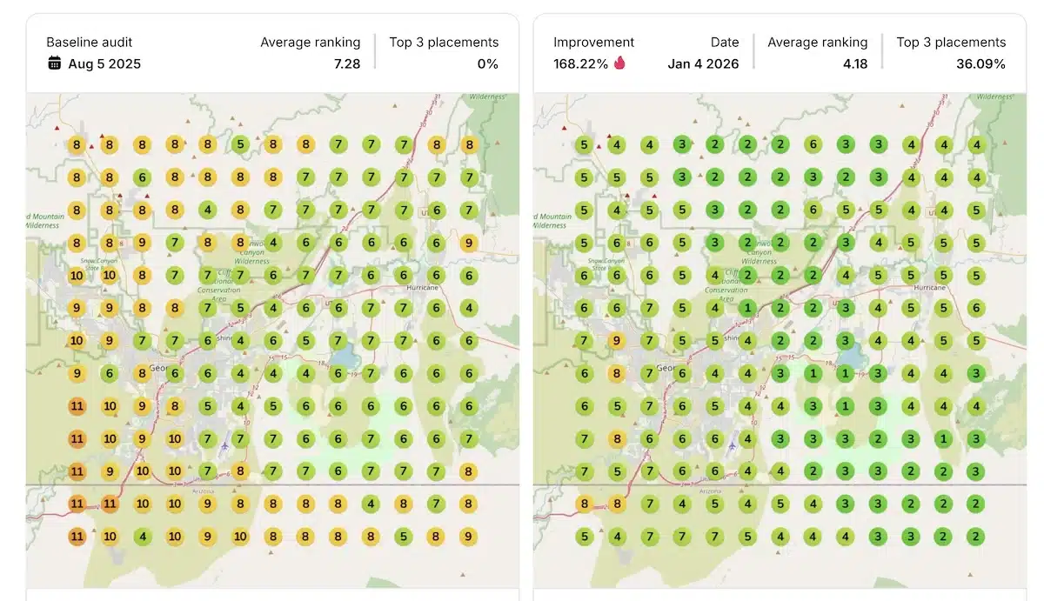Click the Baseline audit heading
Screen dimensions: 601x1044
(x=90, y=42)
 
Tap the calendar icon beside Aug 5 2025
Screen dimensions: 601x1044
(x=55, y=63)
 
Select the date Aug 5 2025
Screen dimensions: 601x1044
(x=104, y=63)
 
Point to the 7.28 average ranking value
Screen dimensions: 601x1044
(x=346, y=63)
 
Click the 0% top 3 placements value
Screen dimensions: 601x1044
(x=487, y=63)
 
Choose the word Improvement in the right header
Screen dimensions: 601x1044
(x=594, y=42)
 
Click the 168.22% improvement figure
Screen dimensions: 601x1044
(x=581, y=63)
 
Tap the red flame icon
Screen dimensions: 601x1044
(x=619, y=63)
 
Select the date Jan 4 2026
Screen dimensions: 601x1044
(x=703, y=63)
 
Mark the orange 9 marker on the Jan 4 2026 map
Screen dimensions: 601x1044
(x=617, y=341)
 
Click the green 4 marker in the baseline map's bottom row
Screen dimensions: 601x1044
(x=142, y=537)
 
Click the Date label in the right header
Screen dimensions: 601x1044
(x=725, y=42)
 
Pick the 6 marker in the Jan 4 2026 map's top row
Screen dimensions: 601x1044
(x=813, y=145)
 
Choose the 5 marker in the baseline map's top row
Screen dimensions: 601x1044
(x=240, y=145)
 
